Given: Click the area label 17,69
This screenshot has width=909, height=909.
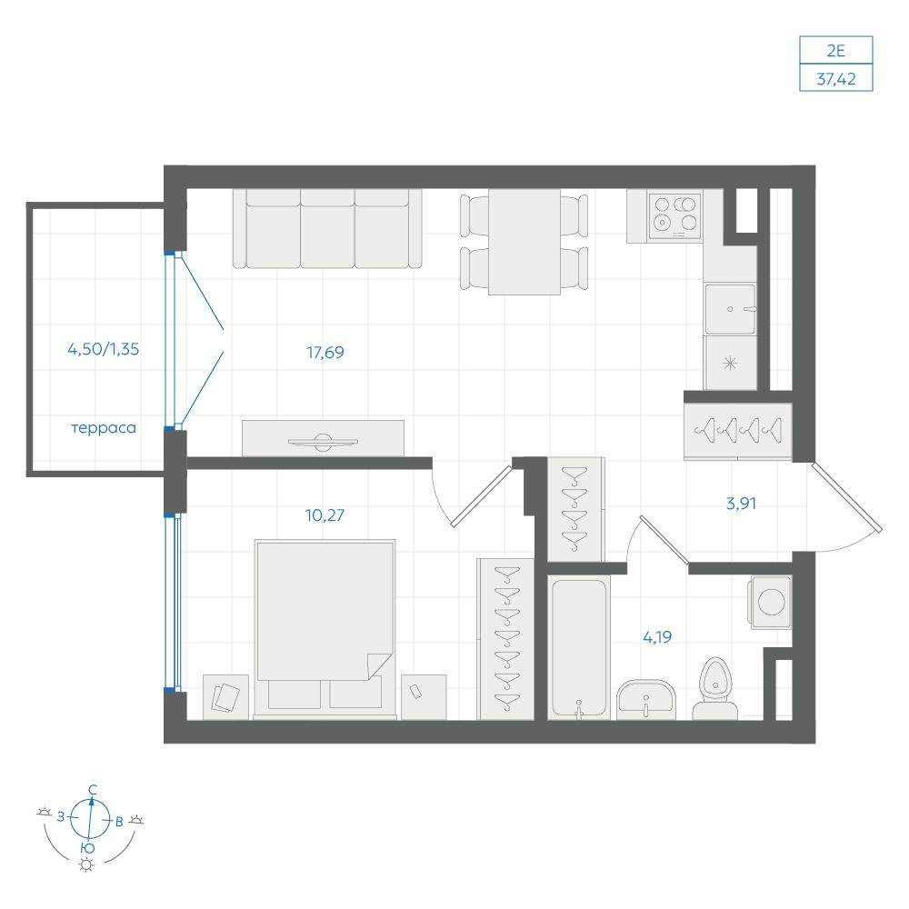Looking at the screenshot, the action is (x=325, y=353).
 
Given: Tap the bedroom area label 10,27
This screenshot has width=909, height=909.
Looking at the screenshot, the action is (x=325, y=514).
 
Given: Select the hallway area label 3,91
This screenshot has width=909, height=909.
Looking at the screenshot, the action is (x=741, y=504).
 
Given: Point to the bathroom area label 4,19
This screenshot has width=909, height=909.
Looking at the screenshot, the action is (x=657, y=637).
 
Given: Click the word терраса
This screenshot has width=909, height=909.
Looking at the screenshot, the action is (x=104, y=428).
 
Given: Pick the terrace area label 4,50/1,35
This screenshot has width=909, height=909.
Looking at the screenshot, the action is (x=104, y=349).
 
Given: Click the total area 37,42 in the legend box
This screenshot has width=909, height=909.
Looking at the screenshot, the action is (x=836, y=78).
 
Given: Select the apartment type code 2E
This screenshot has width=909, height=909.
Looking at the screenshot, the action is (x=836, y=51).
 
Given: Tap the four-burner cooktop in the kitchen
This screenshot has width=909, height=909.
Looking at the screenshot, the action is (x=674, y=215).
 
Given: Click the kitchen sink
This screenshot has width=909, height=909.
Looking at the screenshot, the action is (x=731, y=309).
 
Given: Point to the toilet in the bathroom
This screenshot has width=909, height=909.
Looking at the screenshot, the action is (x=715, y=689).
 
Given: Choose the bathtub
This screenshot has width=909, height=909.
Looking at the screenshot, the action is (x=578, y=647).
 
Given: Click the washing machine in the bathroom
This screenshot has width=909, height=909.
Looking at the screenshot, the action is (x=771, y=602).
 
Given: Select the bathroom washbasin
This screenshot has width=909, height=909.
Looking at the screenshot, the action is (x=645, y=699).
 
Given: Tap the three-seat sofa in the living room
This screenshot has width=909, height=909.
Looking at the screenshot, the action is (x=327, y=228).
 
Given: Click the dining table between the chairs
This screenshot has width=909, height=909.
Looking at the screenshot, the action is (x=524, y=242).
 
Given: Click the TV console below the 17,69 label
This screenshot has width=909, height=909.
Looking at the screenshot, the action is (x=323, y=438).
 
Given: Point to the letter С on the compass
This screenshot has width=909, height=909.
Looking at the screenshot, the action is (x=92, y=790).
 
